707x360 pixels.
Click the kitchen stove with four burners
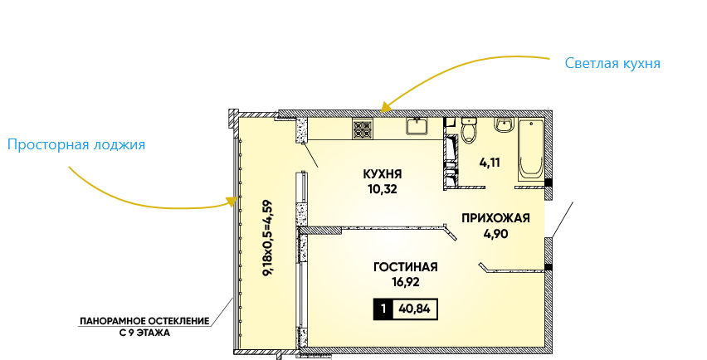(x=363, y=129)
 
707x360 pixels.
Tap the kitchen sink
(x=417, y=126)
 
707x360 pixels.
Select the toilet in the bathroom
(x=470, y=131)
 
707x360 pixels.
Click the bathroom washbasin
(x=503, y=126)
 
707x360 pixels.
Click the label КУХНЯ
(x=383, y=174)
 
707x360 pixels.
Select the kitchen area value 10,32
(x=383, y=188)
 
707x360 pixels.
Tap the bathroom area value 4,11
(x=490, y=163)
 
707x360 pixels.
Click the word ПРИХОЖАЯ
(x=495, y=219)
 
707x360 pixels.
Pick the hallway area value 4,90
(x=495, y=233)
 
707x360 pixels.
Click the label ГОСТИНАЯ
(x=405, y=267)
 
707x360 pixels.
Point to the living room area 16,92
(x=405, y=281)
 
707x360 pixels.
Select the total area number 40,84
(x=416, y=310)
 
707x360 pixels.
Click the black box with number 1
(x=383, y=310)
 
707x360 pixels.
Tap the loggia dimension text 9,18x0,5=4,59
(x=267, y=238)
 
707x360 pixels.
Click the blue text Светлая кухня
(x=612, y=63)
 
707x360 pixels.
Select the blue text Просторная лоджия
(x=76, y=145)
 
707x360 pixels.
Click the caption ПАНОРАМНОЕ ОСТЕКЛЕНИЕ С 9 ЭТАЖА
(x=144, y=325)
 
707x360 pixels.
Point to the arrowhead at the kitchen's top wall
(x=383, y=107)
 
